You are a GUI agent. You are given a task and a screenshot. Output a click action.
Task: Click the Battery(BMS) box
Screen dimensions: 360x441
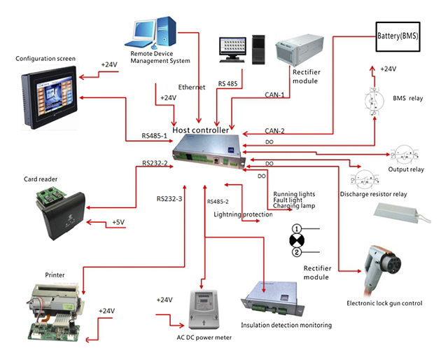click(398, 35)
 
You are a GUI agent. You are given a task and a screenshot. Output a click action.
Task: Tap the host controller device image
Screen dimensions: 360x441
click(211, 152)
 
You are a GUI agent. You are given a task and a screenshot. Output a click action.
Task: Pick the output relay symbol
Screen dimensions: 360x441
click(406, 155)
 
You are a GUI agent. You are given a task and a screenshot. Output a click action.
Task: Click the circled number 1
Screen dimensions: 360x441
click(297, 228)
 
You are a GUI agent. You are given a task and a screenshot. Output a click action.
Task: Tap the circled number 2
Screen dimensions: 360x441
click(297, 251)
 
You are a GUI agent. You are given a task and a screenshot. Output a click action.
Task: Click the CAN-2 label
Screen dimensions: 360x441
click(274, 130)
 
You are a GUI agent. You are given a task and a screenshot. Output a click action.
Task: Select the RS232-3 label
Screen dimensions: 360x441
click(169, 199)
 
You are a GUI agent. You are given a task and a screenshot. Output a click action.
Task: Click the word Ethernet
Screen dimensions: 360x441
click(192, 87)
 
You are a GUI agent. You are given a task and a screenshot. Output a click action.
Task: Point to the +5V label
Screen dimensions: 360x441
click(118, 223)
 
